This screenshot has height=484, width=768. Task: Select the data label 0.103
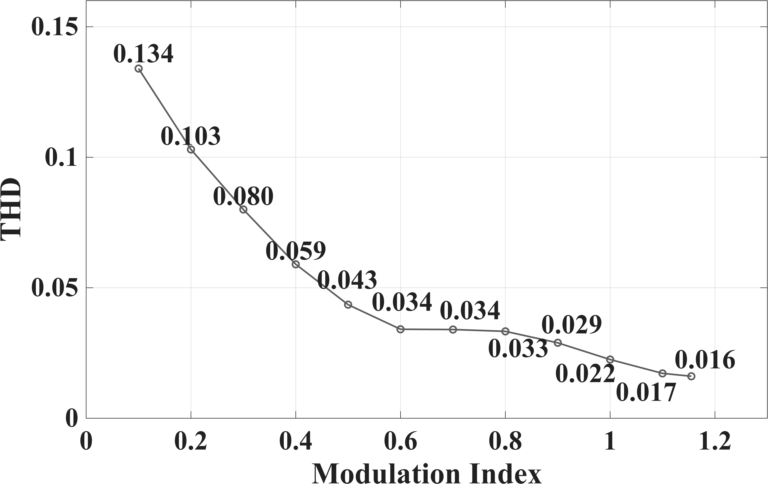click(190, 136)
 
